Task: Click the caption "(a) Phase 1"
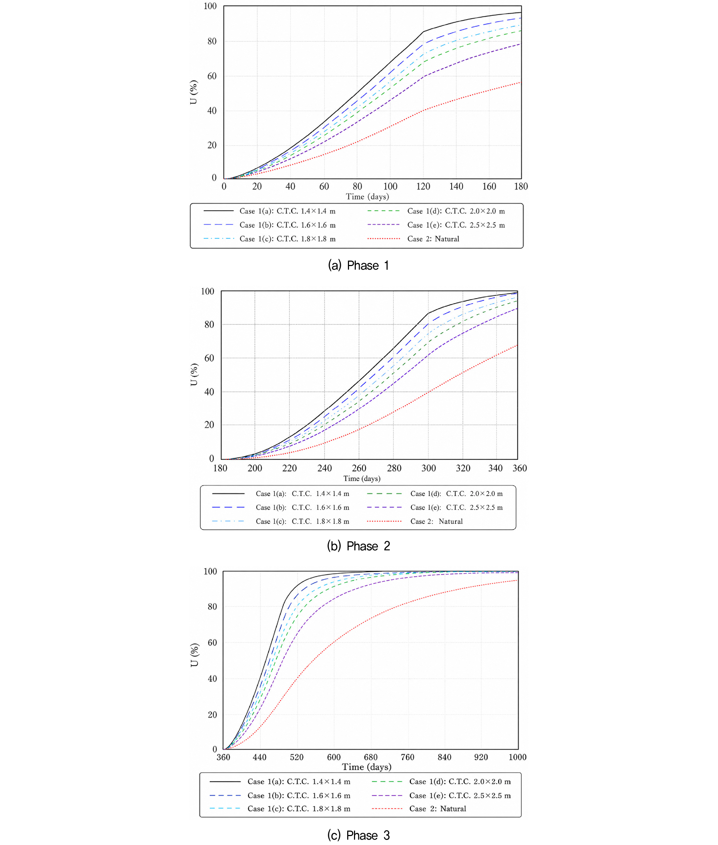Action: click(x=359, y=265)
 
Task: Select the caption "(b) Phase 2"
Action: click(x=359, y=546)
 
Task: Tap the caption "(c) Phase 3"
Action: click(x=359, y=835)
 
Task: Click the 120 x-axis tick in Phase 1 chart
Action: click(x=423, y=186)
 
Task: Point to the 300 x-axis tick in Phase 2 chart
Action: click(x=429, y=468)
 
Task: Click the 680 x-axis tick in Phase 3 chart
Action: click(x=371, y=757)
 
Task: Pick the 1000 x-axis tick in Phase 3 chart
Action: click(x=517, y=757)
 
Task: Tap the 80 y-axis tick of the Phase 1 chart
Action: click(x=212, y=41)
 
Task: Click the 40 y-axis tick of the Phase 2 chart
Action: click(x=209, y=392)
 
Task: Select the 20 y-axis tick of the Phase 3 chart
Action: click(x=212, y=715)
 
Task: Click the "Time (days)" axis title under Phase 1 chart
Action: click(x=368, y=197)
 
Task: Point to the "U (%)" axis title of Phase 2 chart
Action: click(x=194, y=374)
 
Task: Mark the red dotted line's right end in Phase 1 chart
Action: click(x=521, y=82)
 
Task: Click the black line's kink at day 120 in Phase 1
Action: click(x=423, y=31)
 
